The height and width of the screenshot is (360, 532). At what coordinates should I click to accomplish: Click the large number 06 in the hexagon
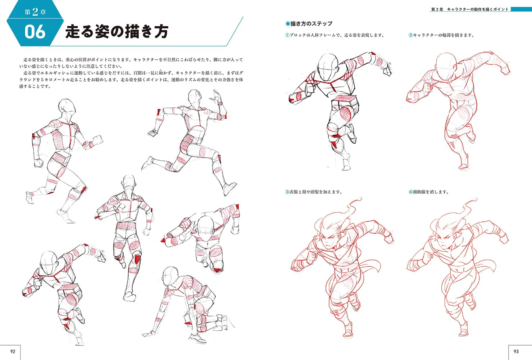[x=35, y=32]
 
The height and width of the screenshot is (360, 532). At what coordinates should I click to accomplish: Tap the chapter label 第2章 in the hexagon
[x=35, y=12]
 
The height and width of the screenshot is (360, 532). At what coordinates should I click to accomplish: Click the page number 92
[x=13, y=351]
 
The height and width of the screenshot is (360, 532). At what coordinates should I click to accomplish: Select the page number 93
[x=516, y=351]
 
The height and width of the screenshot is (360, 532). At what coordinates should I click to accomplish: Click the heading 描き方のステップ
[x=311, y=23]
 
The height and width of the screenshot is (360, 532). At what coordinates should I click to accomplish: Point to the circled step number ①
[x=287, y=35]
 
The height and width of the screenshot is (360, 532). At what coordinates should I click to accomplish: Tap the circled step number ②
[x=411, y=35]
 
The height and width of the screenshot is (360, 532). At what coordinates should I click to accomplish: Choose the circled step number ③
[x=287, y=192]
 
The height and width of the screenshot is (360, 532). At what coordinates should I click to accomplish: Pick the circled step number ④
[x=411, y=192]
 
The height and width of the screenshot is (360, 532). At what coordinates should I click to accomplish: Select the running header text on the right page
[x=470, y=9]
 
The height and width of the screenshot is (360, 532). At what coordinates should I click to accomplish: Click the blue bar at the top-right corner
[x=521, y=9]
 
